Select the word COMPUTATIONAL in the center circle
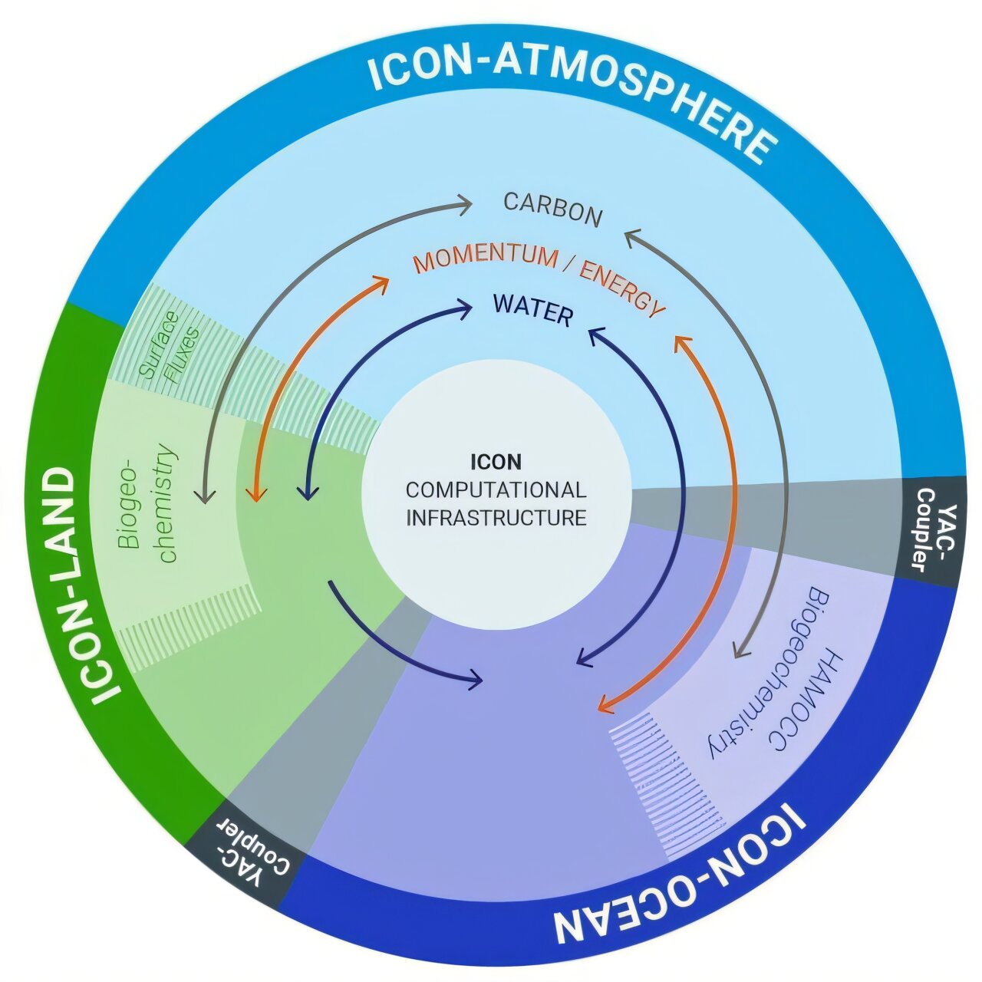496,489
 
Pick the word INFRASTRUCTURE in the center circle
496,517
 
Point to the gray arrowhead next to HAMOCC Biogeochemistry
740,651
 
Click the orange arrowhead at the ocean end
606,704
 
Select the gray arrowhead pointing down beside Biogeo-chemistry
203,496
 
